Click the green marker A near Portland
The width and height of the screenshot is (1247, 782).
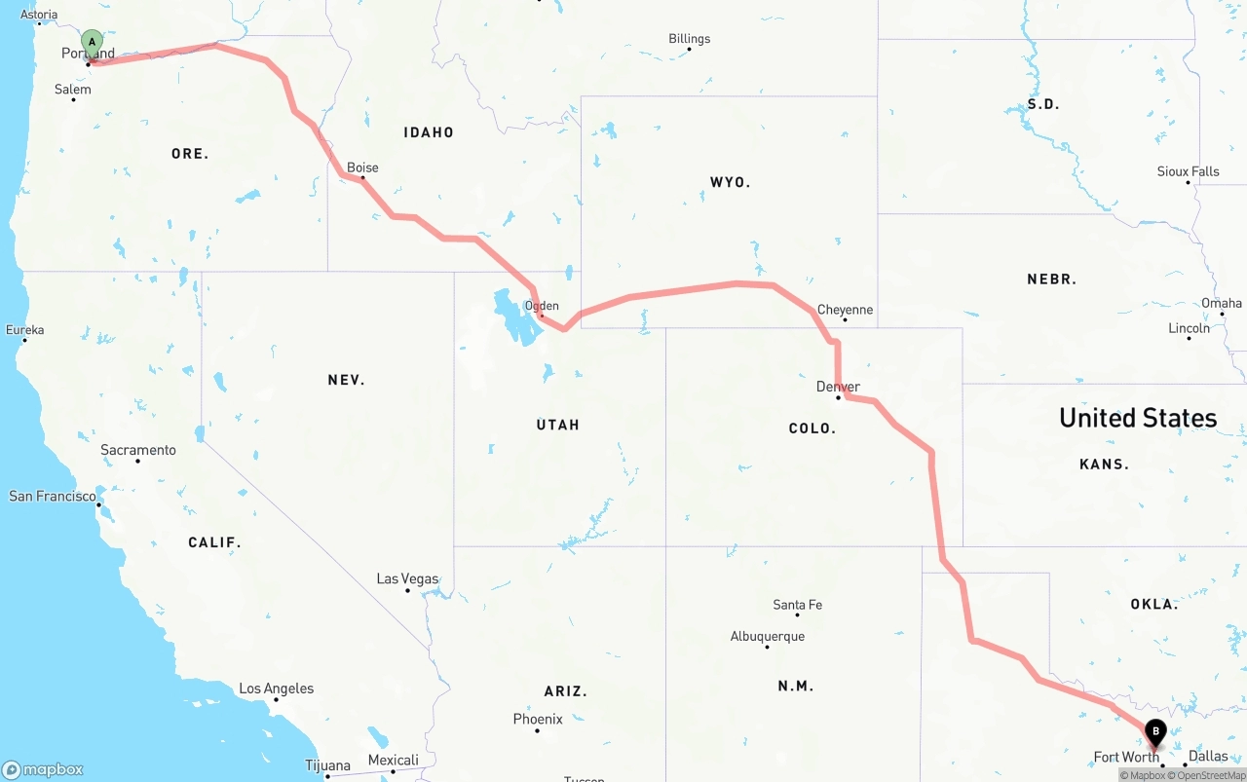(92, 43)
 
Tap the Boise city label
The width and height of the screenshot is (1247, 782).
(362, 168)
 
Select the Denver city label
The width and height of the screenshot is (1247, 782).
(838, 387)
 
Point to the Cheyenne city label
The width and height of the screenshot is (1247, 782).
(845, 310)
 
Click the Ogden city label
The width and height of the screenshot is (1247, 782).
(542, 306)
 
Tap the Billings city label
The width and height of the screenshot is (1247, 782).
(689, 39)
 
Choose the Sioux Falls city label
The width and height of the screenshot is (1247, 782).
(1188, 171)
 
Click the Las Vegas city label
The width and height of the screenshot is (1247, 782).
(407, 578)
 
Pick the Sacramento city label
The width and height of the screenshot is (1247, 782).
(138, 450)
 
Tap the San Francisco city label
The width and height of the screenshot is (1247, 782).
(53, 496)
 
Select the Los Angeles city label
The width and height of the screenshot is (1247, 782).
(277, 689)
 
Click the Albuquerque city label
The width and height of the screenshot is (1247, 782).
(768, 636)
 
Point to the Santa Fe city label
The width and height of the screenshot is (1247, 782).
(797, 605)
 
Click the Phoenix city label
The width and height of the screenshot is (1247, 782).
(538, 719)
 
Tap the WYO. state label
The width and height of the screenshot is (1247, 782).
(730, 182)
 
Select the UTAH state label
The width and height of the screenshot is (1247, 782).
(557, 425)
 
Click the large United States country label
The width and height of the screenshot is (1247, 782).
(1138, 418)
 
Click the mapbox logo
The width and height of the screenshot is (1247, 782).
(43, 769)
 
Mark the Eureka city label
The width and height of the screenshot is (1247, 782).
(24, 330)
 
